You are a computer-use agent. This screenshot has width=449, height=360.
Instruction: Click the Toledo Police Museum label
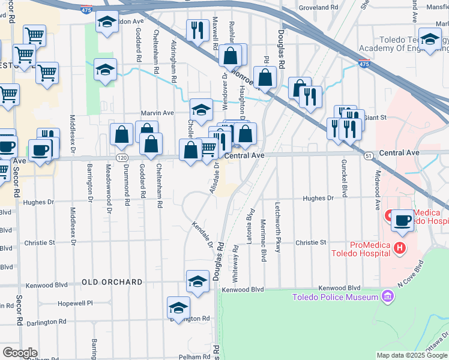pyautogui.click(x=335, y=297)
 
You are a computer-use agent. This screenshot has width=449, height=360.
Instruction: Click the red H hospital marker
pyautogui.click(x=397, y=247)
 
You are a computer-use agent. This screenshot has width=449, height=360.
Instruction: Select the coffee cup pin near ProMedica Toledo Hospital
pyautogui.click(x=403, y=220)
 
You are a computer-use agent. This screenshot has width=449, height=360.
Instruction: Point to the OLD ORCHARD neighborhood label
pyautogui.click(x=112, y=282)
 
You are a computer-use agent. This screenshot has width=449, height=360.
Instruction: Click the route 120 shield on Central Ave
pyautogui.click(x=122, y=157)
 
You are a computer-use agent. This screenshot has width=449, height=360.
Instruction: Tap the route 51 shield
pyautogui.click(x=369, y=155)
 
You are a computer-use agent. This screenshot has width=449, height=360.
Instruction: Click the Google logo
pyautogui.click(x=20, y=352)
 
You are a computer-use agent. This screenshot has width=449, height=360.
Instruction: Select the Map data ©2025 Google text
pyautogui.click(x=412, y=355)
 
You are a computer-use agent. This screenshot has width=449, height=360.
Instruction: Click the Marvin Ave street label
pyautogui.click(x=157, y=113)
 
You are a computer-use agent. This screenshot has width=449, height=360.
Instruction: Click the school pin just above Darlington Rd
pyautogui.click(x=178, y=307)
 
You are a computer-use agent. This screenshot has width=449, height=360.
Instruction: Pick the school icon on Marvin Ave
pyautogui.click(x=202, y=109)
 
